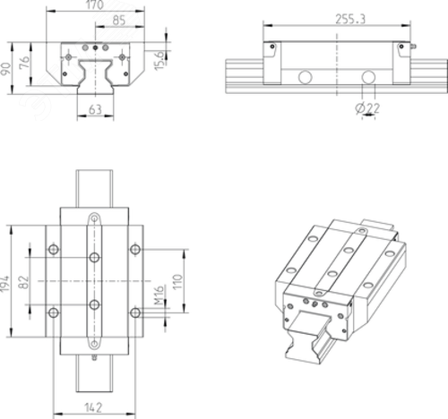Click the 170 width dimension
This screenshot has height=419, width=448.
click(x=95, y=4)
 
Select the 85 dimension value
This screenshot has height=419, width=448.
click(x=119, y=21)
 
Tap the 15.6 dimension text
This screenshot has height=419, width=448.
click(x=159, y=61)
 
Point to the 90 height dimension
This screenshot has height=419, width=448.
click(x=6, y=69)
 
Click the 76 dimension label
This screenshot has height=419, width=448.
click(x=24, y=63)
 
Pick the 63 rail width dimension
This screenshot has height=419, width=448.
click(x=95, y=109)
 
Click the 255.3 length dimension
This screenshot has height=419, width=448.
click(x=350, y=19)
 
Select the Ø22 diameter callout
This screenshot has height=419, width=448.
click(x=367, y=108)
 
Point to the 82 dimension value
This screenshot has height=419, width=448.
click(x=24, y=282)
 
